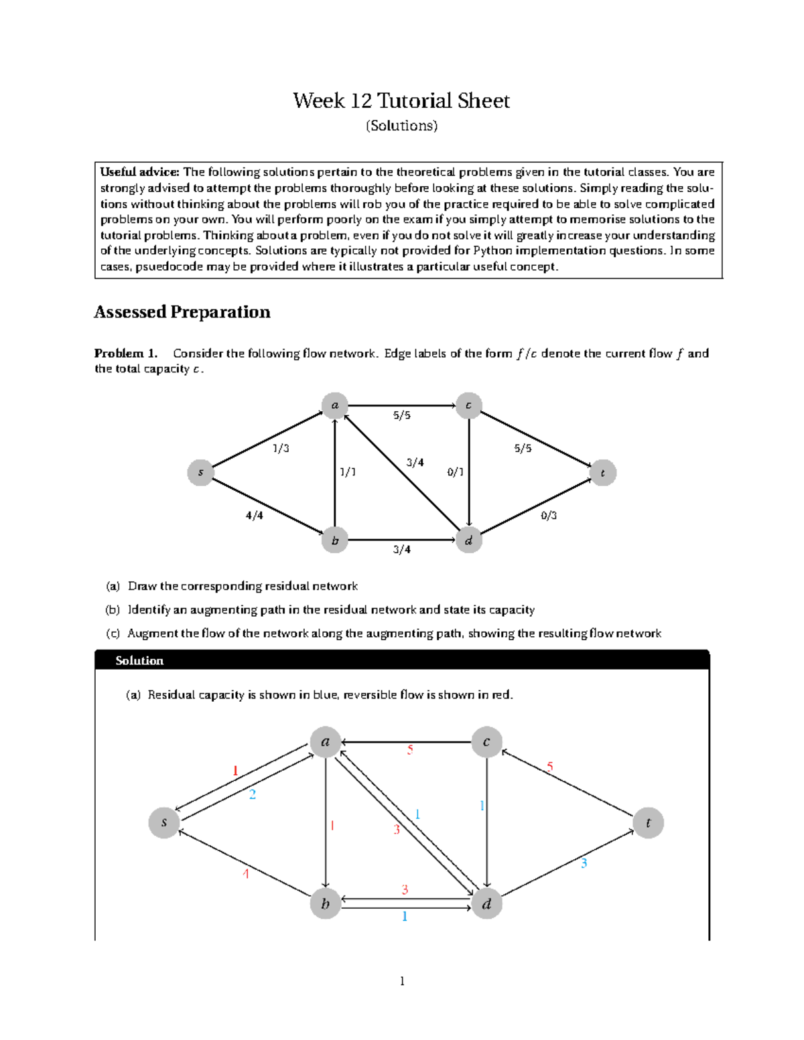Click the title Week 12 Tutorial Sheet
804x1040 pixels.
401,101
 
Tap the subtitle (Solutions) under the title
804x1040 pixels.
401,126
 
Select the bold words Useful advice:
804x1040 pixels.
139,172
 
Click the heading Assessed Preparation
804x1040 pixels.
182,312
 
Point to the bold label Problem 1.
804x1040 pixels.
126,354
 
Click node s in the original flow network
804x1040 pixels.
200,473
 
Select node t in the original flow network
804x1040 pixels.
602,473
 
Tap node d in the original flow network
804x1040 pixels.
468,540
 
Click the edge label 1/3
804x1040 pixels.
281,449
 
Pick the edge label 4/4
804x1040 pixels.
254,516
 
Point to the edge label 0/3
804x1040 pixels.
549,516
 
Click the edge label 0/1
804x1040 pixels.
455,472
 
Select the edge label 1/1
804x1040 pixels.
348,472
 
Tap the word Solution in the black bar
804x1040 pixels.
139,661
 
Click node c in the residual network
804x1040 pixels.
486,742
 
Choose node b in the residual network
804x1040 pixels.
326,904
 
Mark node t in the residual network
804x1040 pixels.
648,823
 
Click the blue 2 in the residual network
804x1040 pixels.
253,795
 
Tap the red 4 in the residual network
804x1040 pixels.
246,874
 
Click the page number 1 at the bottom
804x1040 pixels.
402,982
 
